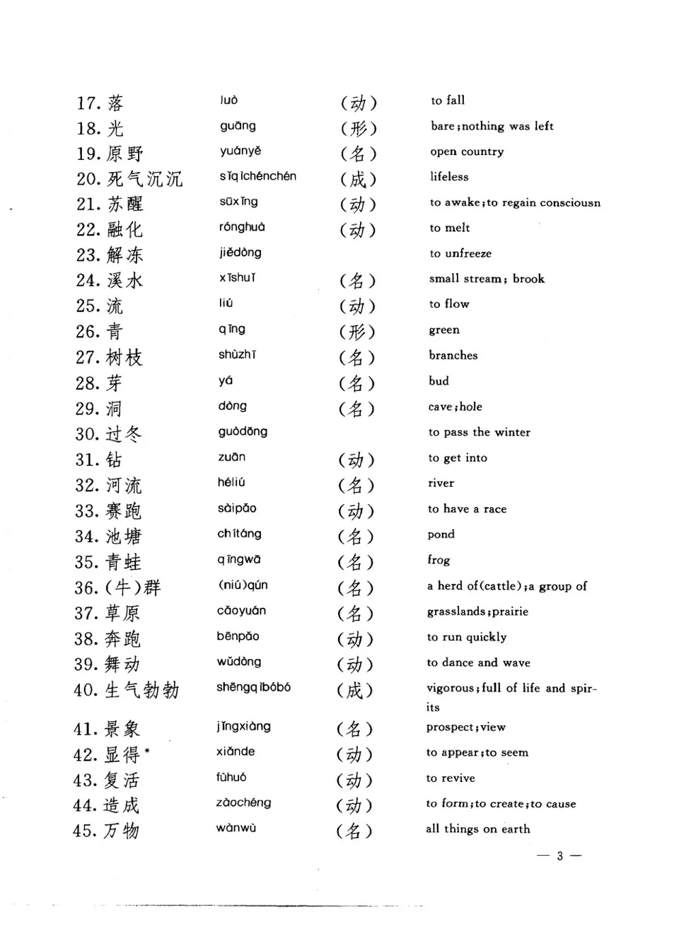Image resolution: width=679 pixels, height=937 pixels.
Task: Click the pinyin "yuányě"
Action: point(240,151)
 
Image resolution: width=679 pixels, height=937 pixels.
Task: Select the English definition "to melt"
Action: point(449,228)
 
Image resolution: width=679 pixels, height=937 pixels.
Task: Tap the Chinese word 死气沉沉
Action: point(144,179)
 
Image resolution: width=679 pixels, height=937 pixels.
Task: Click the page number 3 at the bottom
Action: point(559,856)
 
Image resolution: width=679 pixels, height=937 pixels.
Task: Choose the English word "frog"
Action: point(439,560)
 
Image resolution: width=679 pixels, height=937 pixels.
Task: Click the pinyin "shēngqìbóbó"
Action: point(253,687)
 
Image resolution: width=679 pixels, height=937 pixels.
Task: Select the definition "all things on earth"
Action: point(477,829)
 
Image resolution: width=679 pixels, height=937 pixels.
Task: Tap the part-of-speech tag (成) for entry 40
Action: point(354,690)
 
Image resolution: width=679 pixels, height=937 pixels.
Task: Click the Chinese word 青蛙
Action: point(123,563)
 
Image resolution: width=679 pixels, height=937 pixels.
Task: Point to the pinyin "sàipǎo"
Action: point(237,508)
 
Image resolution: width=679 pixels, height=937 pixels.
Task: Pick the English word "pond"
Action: point(441,534)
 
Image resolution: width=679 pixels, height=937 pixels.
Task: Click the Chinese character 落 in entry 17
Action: point(115,103)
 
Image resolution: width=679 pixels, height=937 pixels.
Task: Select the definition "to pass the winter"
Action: point(479,432)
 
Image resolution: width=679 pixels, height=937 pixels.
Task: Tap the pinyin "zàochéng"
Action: point(243,803)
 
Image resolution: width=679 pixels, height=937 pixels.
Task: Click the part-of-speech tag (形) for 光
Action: point(359,128)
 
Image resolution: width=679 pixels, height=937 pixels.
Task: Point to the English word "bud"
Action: point(439,381)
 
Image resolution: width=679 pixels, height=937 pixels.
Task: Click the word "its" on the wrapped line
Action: point(433,707)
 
